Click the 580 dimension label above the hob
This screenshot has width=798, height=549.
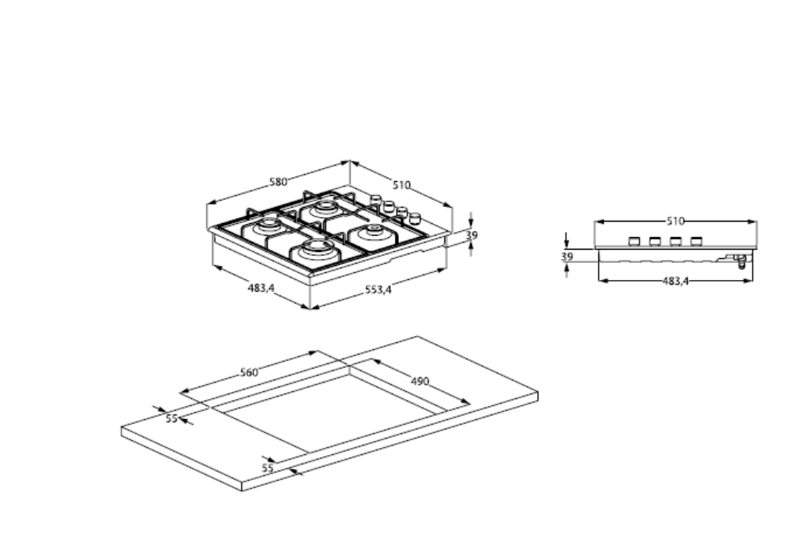click(278, 182)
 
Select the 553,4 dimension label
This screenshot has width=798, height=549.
click(379, 290)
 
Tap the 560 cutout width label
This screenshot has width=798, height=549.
click(248, 372)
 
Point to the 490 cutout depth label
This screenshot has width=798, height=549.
click(420, 381)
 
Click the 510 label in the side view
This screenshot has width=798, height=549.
click(675, 221)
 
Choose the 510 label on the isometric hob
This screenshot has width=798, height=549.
click(401, 185)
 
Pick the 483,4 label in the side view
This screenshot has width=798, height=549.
click(675, 281)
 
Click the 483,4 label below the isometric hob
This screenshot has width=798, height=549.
click(261, 288)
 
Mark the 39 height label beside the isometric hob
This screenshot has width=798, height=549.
click(471, 235)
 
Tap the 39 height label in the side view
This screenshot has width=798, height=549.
click(566, 256)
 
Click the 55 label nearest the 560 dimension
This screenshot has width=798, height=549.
click(171, 418)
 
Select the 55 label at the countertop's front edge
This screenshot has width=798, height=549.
click(268, 468)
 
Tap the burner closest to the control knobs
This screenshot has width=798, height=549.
click(373, 230)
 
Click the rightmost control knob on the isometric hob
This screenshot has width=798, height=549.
click(415, 218)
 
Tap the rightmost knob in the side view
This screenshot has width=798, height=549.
click(695, 241)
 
